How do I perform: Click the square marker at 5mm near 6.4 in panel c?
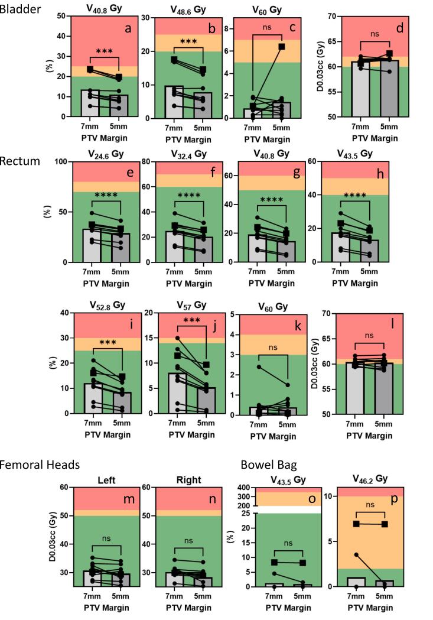[282, 47]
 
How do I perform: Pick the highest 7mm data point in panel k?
[259, 367]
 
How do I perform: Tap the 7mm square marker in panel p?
[356, 524]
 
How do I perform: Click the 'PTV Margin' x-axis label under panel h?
[354, 283]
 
